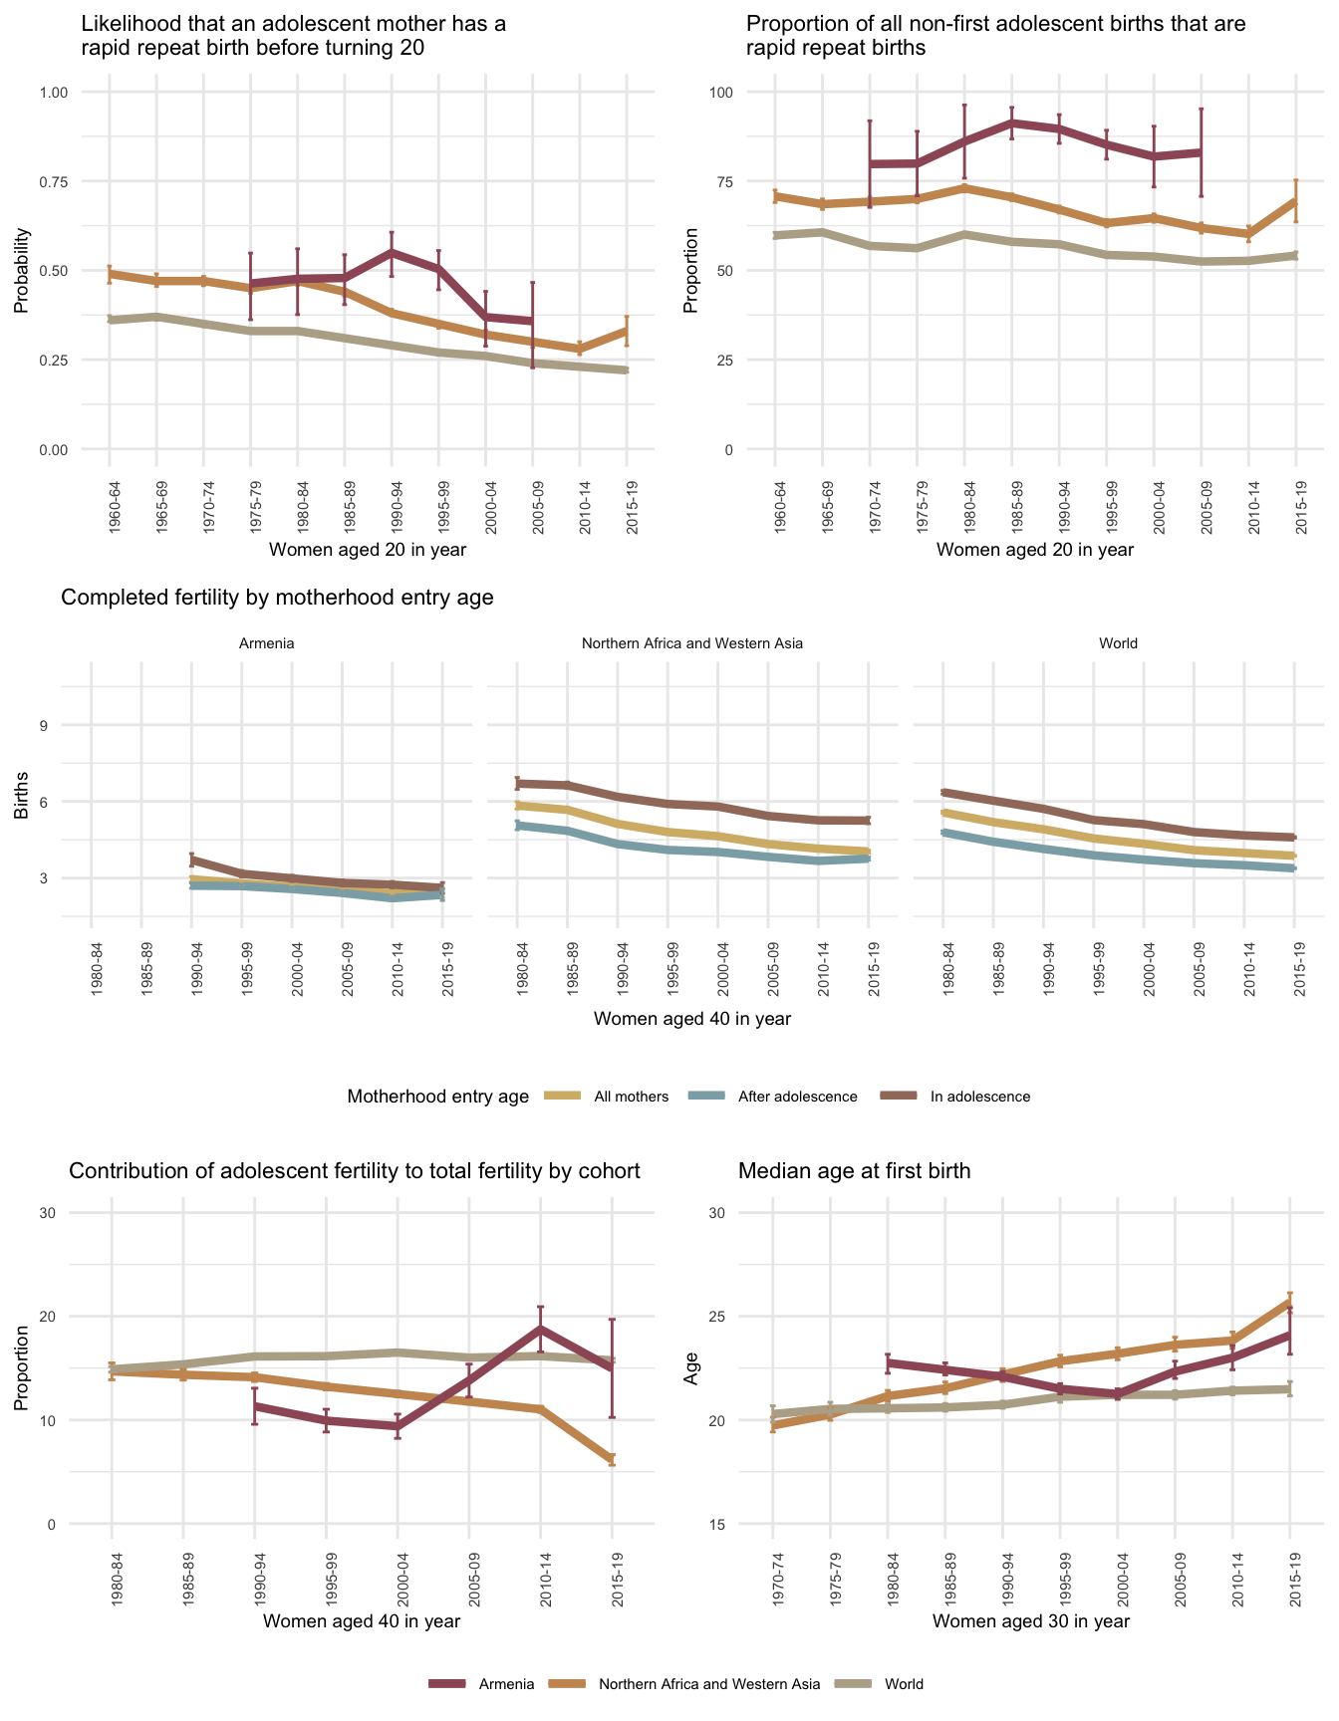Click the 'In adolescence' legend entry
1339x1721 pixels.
[x=979, y=1097]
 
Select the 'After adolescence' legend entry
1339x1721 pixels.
[x=797, y=1097]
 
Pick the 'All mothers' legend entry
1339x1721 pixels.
[x=631, y=1097]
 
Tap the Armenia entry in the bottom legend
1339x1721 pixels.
[x=506, y=1684]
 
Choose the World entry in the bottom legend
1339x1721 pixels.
[x=904, y=1684]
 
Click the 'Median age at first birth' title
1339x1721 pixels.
[x=854, y=1171]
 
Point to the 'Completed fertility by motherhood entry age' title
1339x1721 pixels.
[x=277, y=598]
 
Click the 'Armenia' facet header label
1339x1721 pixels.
[x=267, y=643]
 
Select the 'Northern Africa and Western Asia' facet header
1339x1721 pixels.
[x=691, y=643]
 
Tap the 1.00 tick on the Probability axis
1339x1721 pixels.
[x=52, y=93]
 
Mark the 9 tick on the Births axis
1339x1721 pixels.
[x=44, y=725]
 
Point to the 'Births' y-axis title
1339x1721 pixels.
[x=21, y=796]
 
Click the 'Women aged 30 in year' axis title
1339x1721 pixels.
[x=1031, y=1620]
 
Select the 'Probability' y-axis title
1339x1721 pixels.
[x=21, y=271]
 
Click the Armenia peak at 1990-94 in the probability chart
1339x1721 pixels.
[x=392, y=253]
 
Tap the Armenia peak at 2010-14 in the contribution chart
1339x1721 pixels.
[x=541, y=1329]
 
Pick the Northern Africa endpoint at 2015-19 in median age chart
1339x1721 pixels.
[x=1290, y=1301]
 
